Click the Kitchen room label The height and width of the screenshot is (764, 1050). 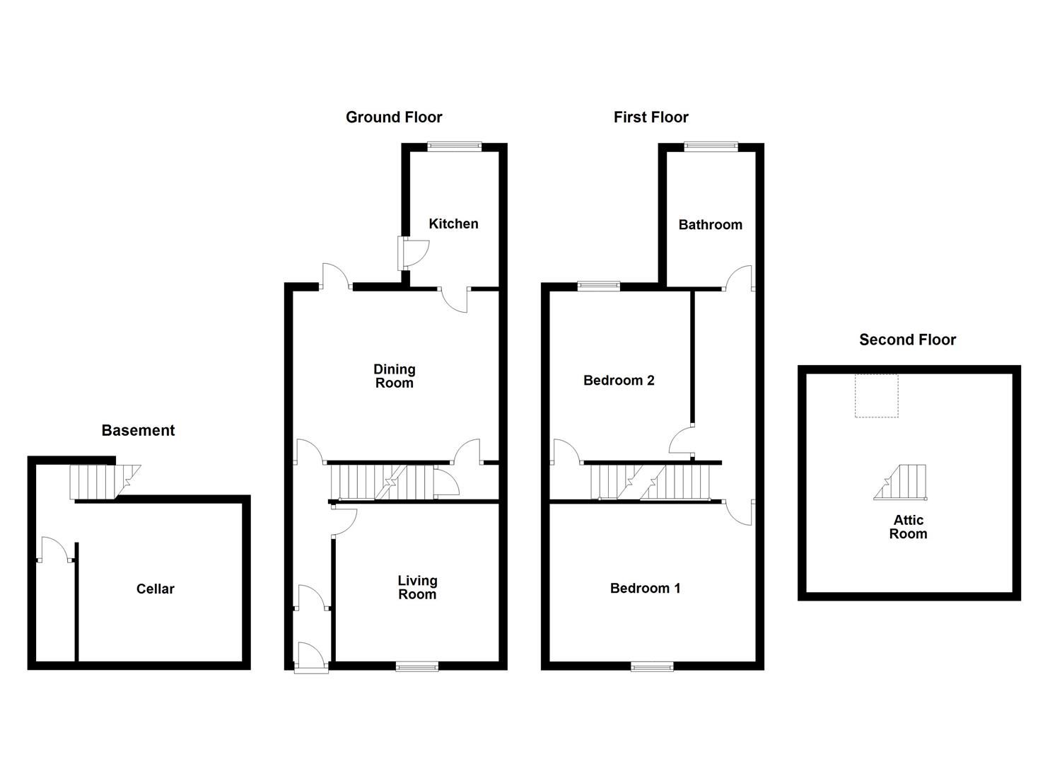[x=453, y=224]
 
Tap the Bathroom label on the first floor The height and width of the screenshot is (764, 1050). [x=710, y=224]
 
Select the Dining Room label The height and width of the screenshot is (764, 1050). [x=394, y=376]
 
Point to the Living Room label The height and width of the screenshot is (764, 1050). [x=417, y=587]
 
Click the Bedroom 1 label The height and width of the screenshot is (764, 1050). [x=645, y=588]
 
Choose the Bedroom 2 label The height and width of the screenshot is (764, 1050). [x=619, y=380]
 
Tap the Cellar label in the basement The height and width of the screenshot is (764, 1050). [x=155, y=589]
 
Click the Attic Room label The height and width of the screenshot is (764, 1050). [x=908, y=527]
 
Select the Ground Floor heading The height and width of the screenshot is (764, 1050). [x=394, y=117]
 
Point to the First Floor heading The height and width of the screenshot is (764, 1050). [x=651, y=117]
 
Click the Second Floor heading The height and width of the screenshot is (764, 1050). [x=907, y=340]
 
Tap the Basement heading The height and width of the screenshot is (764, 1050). [x=138, y=430]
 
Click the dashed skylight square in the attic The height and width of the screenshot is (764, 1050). [x=876, y=396]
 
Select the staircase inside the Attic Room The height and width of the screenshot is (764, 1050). [x=901, y=482]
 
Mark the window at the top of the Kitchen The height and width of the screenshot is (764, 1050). [x=454, y=146]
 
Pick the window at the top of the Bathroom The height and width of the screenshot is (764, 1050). [x=711, y=146]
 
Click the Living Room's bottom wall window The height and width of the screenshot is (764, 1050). [x=416, y=666]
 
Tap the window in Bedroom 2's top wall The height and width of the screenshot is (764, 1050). [x=598, y=286]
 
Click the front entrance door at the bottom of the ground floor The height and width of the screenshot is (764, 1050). [x=312, y=658]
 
